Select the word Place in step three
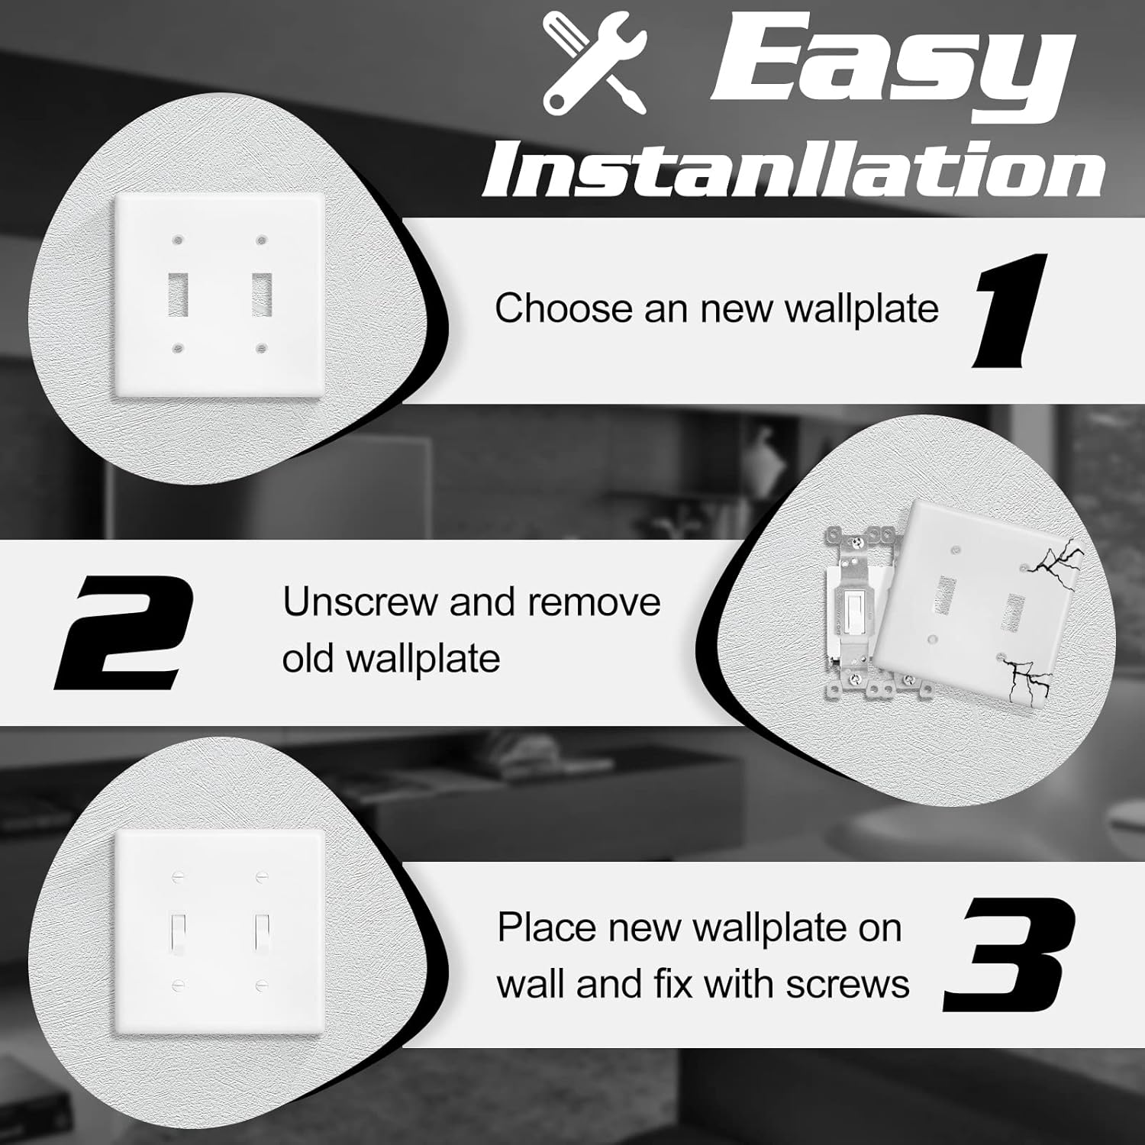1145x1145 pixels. pyautogui.click(x=547, y=928)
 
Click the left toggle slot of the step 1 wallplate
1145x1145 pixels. pyautogui.click(x=178, y=294)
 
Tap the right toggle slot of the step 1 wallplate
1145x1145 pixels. pyautogui.click(x=262, y=294)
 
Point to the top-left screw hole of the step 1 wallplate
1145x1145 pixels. pyautogui.click(x=178, y=240)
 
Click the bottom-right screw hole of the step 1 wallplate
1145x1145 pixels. pyautogui.click(x=262, y=349)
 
